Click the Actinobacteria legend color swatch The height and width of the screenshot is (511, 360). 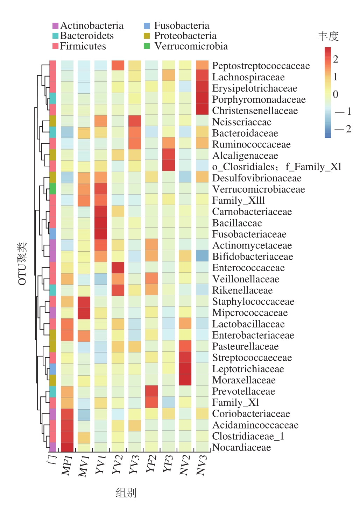click(55, 26)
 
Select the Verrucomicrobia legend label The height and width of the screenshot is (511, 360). click(191, 46)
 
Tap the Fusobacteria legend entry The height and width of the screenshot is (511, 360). click(181, 26)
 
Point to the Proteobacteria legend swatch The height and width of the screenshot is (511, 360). click(147, 36)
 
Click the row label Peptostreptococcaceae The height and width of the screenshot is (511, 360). click(261, 66)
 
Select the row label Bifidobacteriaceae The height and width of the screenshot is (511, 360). click(252, 257)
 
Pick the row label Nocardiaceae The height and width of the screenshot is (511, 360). click(241, 447)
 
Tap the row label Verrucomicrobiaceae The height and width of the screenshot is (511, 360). click(258, 189)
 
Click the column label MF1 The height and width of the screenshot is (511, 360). click(67, 465)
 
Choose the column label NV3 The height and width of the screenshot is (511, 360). click(202, 465)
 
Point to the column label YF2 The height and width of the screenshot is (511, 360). click(151, 463)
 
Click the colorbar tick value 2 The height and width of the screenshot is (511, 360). click(336, 59)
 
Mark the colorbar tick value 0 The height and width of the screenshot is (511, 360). click(336, 94)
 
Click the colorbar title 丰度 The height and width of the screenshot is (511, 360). click(328, 36)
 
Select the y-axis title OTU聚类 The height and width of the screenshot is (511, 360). click(22, 264)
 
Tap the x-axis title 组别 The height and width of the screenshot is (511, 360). click(126, 493)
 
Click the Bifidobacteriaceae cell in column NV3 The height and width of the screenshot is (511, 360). click(202, 256)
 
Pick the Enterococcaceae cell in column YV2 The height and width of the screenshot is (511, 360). click(118, 267)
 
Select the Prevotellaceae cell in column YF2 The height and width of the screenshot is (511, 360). click(151, 391)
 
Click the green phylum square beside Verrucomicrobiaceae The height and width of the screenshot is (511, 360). click(52, 189)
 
